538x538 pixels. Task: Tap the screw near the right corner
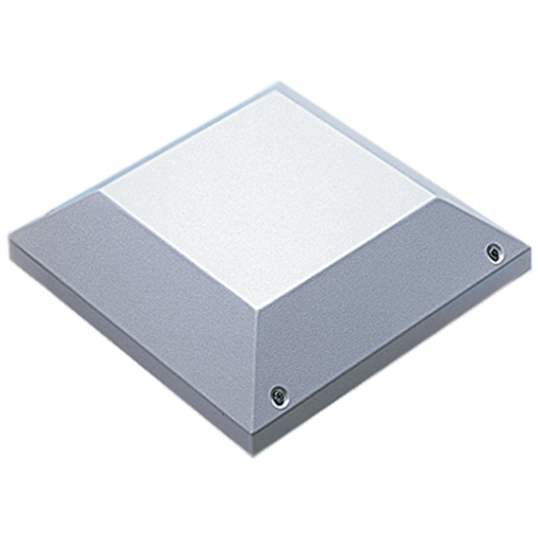(x=495, y=252)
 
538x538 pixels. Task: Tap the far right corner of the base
(x=530, y=254)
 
